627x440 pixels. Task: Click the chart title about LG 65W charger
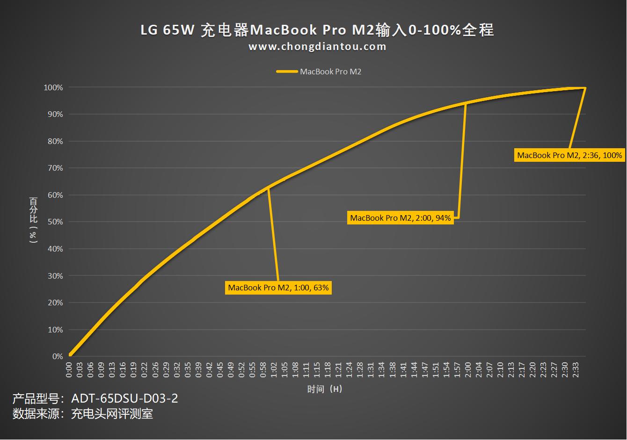pos(317,30)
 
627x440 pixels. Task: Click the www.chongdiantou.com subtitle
pos(317,47)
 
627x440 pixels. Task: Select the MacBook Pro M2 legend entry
pos(319,72)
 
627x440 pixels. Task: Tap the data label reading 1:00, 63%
pos(278,288)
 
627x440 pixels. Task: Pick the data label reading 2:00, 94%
pos(401,218)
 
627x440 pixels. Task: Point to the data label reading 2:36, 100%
pos(569,155)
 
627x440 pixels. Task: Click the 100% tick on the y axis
pos(53,87)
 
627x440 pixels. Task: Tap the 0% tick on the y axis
pos(58,356)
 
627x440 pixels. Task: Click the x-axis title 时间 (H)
pos(325,389)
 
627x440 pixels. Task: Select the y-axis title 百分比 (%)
pos(33,220)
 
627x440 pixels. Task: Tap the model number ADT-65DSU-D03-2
pos(124,399)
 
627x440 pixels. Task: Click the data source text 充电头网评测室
pos(112,414)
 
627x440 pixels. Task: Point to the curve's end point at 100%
pos(585,88)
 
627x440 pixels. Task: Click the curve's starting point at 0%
pos(70,355)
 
